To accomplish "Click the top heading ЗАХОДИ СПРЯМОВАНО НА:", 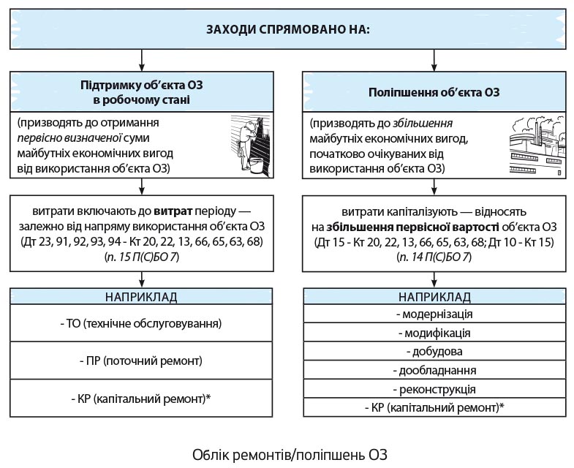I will (x=287, y=30).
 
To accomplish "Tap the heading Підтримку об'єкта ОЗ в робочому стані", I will (x=141, y=92).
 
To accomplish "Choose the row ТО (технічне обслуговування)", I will (x=141, y=322).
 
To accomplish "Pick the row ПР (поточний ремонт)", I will (x=141, y=361).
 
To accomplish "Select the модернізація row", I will (x=434, y=314).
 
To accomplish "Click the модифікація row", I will (x=434, y=333).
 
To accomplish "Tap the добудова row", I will (x=434, y=352).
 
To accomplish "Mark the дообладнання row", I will (x=434, y=371).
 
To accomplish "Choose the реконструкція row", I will (x=434, y=389).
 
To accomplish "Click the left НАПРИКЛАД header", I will (x=141, y=297).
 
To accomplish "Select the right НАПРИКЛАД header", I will (x=434, y=297).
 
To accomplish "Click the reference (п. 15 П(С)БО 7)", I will (x=141, y=257).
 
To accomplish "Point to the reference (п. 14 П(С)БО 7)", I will (x=434, y=257).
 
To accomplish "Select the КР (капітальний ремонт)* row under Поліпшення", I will (x=434, y=408).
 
